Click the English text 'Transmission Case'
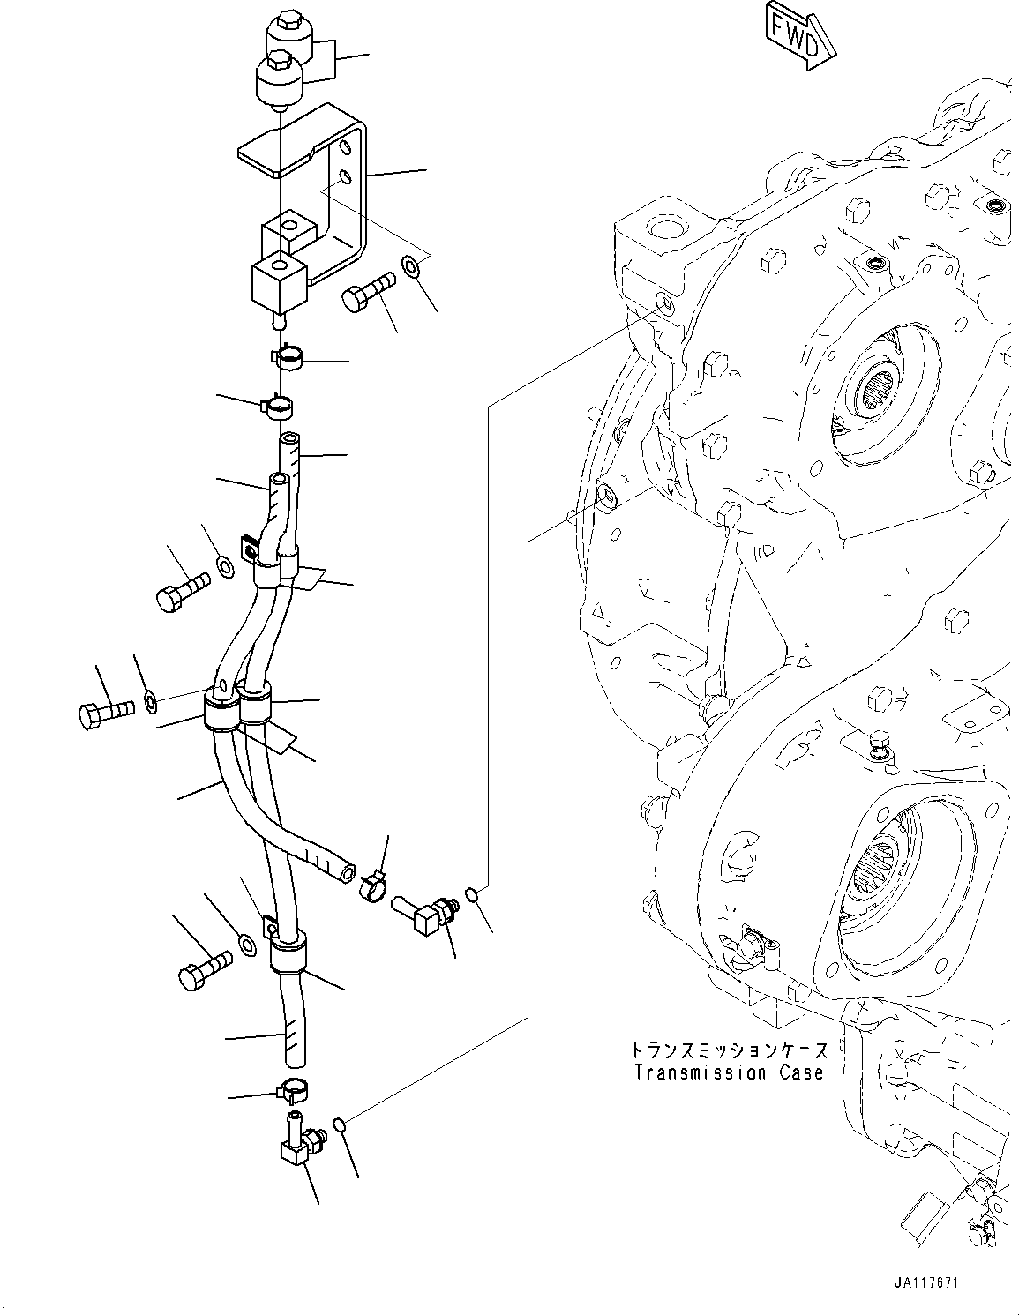(729, 1072)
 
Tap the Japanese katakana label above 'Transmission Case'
(729, 1051)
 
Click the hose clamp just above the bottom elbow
(294, 1091)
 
